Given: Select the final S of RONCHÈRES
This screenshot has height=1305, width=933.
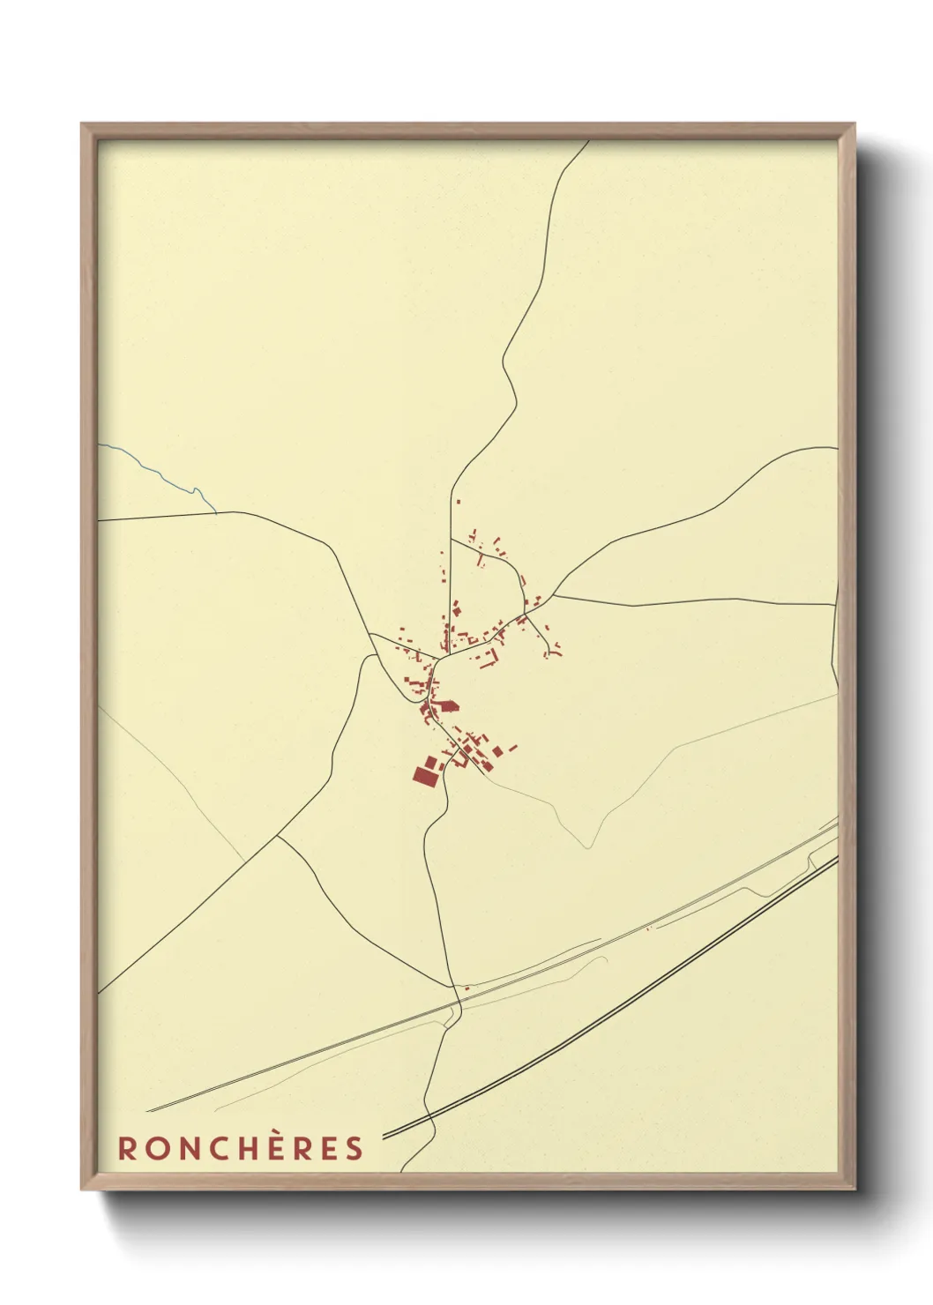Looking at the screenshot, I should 354,1148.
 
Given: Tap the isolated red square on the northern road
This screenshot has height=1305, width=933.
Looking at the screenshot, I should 458,503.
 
